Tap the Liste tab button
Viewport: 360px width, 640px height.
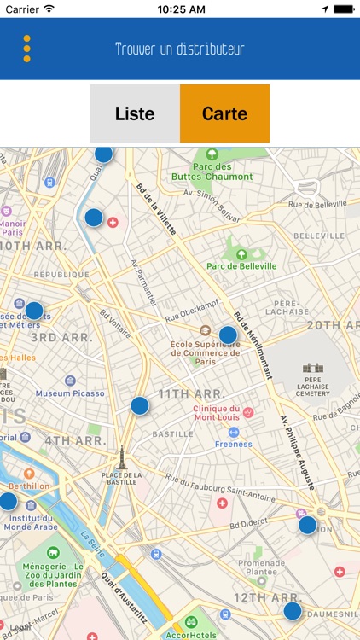click(135, 113)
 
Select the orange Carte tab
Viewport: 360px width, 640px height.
click(224, 113)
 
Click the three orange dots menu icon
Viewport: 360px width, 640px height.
click(26, 49)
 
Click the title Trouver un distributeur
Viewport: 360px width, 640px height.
click(180, 49)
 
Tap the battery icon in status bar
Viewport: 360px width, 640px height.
click(343, 9)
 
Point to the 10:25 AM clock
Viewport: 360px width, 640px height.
click(180, 9)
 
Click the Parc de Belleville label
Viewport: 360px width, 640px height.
click(241, 265)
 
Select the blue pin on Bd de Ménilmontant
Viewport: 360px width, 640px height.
click(228, 335)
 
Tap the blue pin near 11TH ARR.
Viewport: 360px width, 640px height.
click(140, 405)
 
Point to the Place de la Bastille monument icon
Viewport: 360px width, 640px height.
click(121, 456)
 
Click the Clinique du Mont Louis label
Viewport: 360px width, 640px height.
click(216, 413)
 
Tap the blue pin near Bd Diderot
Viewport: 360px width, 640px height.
click(307, 525)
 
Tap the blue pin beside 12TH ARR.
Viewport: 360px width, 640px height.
click(293, 610)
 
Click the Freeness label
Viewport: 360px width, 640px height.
click(234, 444)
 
